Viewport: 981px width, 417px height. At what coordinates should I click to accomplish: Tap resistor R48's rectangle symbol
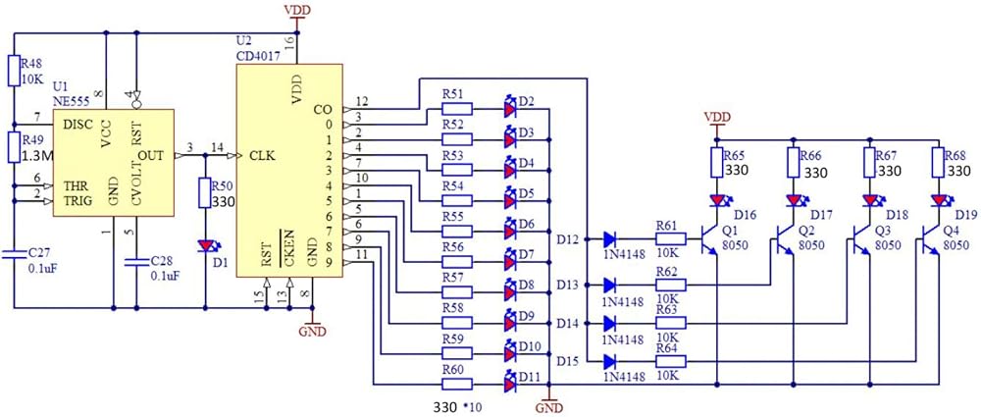pyautogui.click(x=14, y=70)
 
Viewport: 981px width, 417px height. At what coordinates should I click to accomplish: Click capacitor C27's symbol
pyautogui.click(x=14, y=253)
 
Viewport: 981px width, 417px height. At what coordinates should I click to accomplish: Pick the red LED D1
pyautogui.click(x=206, y=246)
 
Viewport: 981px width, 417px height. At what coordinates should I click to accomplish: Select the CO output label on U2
pyautogui.click(x=324, y=110)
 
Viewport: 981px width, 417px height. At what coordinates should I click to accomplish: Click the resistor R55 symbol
pyautogui.click(x=458, y=232)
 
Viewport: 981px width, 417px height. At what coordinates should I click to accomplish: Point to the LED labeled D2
pyautogui.click(x=511, y=109)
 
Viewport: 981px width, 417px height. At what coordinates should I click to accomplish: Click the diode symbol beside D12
pyautogui.click(x=610, y=238)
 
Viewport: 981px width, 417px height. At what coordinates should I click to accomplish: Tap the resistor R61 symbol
pyautogui.click(x=671, y=238)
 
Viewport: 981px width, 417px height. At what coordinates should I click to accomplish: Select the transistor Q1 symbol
pyautogui.click(x=711, y=238)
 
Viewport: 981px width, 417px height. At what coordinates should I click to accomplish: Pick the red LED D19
pyautogui.click(x=939, y=200)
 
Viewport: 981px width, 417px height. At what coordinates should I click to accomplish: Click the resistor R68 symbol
pyautogui.click(x=937, y=162)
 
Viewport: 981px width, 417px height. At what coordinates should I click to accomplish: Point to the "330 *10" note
pyautogui.click(x=457, y=406)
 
